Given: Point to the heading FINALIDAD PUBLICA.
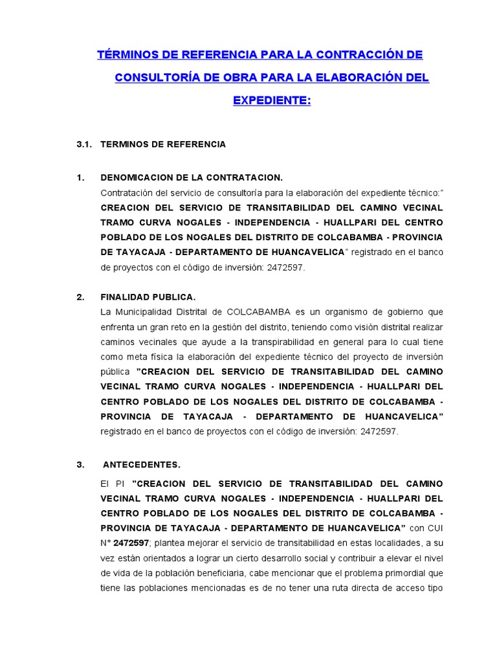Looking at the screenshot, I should pos(148,297).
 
